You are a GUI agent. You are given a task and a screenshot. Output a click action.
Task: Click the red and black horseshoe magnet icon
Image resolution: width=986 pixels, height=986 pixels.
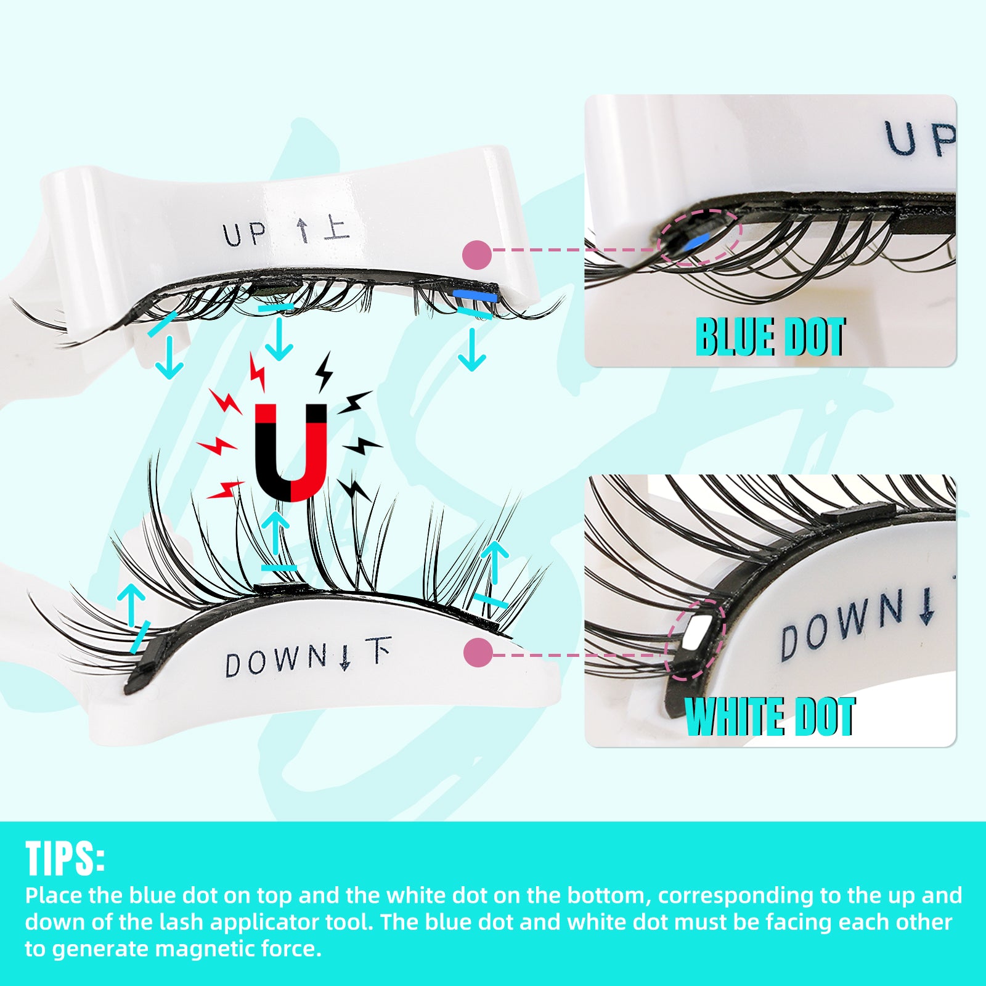(x=290, y=452)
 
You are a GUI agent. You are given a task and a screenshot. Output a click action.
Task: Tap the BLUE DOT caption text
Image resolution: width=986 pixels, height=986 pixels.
(x=770, y=337)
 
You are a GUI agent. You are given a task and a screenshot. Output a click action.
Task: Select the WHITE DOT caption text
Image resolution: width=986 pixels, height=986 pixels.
(x=770, y=717)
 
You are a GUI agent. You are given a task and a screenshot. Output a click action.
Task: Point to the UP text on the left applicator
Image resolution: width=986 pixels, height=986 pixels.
(x=245, y=235)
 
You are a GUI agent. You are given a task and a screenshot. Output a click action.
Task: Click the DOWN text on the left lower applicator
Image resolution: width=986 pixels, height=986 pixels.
(x=275, y=661)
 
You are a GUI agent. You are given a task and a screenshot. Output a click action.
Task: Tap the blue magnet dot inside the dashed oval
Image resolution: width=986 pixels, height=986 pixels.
(x=695, y=243)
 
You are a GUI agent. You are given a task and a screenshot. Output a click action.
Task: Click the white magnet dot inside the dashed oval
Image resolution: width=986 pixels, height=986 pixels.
(x=696, y=632)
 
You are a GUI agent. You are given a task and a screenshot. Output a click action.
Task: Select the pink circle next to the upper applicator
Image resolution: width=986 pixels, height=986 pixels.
(x=476, y=255)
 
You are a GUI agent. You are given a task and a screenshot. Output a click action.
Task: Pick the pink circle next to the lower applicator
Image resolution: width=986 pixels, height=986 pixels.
(x=478, y=652)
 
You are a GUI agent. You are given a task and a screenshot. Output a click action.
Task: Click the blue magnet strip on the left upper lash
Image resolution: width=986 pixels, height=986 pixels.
(x=475, y=296)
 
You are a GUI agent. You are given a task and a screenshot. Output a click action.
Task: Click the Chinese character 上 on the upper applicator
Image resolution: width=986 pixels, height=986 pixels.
(x=336, y=227)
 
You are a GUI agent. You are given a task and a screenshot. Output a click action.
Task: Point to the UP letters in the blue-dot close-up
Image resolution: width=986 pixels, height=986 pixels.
(x=918, y=139)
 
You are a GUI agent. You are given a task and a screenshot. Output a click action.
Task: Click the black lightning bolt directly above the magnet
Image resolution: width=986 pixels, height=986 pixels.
(x=324, y=371)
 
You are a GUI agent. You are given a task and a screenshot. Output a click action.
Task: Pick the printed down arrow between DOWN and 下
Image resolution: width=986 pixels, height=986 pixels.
(x=345, y=657)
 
